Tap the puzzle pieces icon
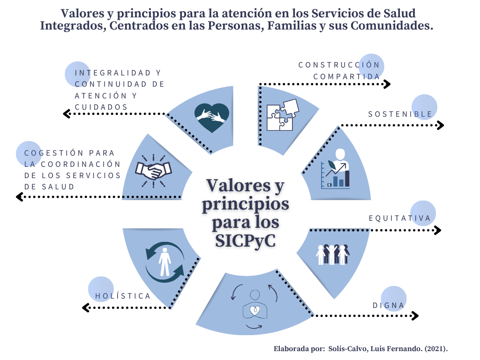[x=283, y=115]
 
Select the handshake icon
[x=153, y=171]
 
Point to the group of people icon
[x=333, y=255]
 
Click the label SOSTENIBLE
[x=400, y=114]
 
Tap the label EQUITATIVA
[x=400, y=218]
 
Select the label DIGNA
[x=389, y=306]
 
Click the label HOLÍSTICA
[x=123, y=296]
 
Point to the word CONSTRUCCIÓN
[x=339, y=65]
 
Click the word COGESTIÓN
[x=54, y=153]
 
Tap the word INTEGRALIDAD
[x=113, y=73]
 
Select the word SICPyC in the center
[x=245, y=241]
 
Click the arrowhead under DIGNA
[x=415, y=315]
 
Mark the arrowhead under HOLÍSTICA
[x=86, y=307]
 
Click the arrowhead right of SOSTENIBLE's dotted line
[x=440, y=125]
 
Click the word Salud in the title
[x=399, y=14]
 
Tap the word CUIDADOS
[x=101, y=107]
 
